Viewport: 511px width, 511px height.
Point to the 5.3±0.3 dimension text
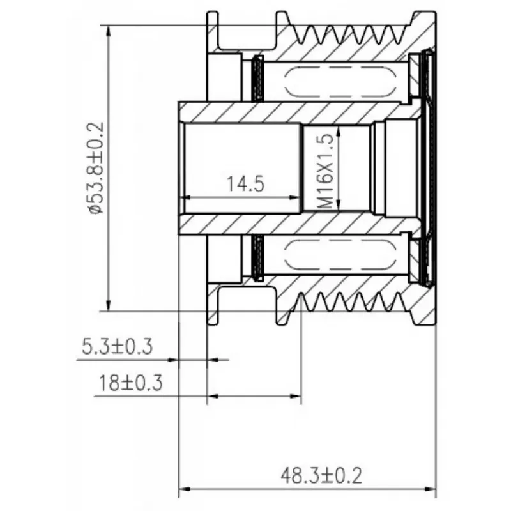coord(117,346)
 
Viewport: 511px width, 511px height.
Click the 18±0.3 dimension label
coord(130,383)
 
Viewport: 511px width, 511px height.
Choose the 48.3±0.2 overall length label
coord(321,475)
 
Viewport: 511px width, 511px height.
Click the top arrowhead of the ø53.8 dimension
coord(109,31)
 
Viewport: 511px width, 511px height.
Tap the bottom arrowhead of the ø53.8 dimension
coord(109,305)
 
